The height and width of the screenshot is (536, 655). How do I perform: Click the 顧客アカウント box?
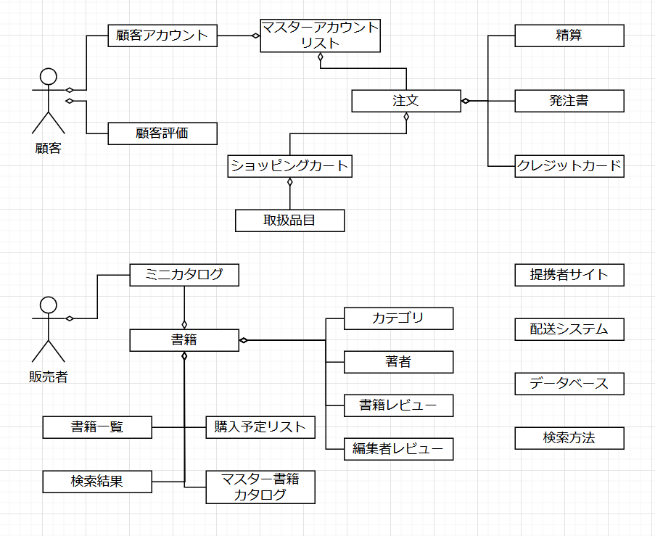pos(162,36)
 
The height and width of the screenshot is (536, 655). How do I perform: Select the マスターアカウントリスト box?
pos(320,36)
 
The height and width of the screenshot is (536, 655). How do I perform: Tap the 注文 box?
pos(405,101)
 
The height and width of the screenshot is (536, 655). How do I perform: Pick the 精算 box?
pos(569,36)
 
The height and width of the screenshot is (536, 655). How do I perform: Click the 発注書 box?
pos(569,101)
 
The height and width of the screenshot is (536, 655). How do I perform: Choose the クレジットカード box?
pos(569,166)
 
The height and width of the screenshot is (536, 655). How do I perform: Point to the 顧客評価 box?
pos(162,133)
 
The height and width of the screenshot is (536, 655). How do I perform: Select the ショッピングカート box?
pos(289,166)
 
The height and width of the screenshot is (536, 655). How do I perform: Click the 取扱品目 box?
pos(289,220)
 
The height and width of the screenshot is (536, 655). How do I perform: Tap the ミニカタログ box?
pos(184,275)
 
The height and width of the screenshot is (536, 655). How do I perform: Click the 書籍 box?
pos(184,340)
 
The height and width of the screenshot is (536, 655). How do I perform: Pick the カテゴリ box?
pos(398,318)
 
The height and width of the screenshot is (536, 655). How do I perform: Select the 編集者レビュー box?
pos(398,449)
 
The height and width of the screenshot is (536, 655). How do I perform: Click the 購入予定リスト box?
pos(260,427)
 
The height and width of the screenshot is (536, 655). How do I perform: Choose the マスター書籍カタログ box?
pos(260,487)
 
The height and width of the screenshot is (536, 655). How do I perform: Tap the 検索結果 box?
pos(97,482)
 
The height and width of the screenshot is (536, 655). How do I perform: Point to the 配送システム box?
pos(569,329)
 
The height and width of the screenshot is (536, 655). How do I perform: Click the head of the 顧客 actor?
pos(49,76)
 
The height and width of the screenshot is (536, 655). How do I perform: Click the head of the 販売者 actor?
pos(49,305)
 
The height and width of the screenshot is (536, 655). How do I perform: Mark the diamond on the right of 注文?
pos(466,101)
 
